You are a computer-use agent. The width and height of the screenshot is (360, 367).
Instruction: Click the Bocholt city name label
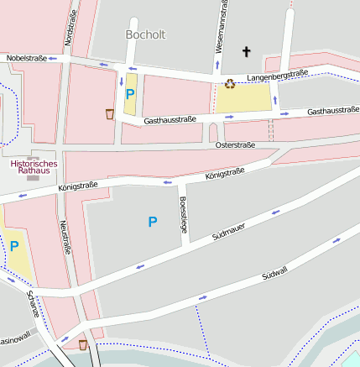(x=145, y=34)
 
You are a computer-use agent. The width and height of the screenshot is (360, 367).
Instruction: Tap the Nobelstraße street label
(x=25, y=58)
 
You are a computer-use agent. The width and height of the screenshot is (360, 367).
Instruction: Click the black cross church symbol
(x=247, y=52)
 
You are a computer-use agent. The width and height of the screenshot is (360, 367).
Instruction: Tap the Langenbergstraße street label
(x=278, y=76)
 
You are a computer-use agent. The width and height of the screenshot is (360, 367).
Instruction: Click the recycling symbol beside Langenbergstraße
(x=229, y=82)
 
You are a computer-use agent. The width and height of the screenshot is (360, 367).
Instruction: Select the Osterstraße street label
(x=235, y=145)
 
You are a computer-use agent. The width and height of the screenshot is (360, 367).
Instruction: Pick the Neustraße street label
(x=64, y=238)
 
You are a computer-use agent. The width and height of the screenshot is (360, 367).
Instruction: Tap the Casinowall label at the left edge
(x=15, y=341)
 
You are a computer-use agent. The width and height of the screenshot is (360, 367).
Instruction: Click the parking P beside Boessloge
(x=152, y=222)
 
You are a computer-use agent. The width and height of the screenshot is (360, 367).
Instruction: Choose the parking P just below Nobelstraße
(x=130, y=95)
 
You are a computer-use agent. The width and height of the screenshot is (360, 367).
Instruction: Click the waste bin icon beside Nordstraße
(x=110, y=113)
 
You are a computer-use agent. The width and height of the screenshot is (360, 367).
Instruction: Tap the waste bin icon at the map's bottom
(x=82, y=344)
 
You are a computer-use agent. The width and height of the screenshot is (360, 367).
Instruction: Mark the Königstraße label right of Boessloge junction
(x=225, y=175)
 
